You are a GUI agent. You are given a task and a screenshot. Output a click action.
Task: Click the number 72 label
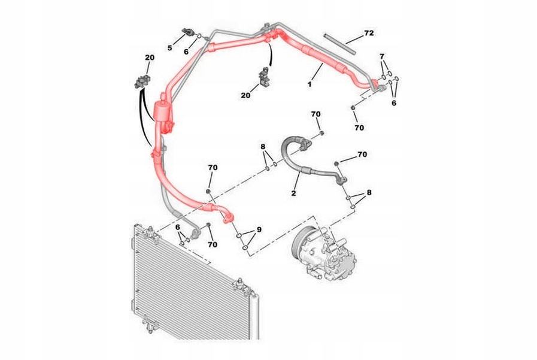click(x=369, y=33)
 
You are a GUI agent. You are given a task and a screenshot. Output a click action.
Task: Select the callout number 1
click(x=310, y=83)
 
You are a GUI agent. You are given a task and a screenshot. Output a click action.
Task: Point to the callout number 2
click(x=293, y=193)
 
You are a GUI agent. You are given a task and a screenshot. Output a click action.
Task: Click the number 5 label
click(x=170, y=48)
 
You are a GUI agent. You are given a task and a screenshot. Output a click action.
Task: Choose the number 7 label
click(x=382, y=56)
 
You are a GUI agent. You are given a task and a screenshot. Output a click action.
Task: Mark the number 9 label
click(x=259, y=229)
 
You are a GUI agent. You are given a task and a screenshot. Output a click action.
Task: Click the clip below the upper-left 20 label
click(x=142, y=81)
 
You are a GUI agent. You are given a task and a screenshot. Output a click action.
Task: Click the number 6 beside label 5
click(x=186, y=52)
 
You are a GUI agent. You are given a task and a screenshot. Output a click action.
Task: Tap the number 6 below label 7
click(x=394, y=103)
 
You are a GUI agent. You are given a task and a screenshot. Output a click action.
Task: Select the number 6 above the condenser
click(x=177, y=228)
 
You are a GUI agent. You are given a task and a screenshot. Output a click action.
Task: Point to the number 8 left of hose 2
click(x=263, y=147)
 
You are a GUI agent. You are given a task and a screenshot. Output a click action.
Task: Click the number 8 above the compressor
click(x=369, y=192)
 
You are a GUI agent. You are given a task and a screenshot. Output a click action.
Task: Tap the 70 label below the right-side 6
click(x=359, y=128)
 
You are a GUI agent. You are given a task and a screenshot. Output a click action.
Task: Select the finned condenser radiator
click(x=192, y=285)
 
